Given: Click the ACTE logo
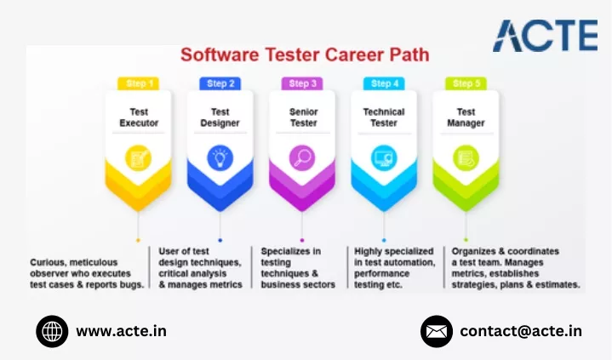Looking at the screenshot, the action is [546, 36].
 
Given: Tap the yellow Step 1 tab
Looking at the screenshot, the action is [139, 83].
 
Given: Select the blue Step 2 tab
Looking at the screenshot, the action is [220, 83].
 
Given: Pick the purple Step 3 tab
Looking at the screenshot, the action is [302, 83].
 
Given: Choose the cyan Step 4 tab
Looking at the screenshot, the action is [385, 83].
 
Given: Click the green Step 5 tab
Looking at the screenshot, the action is [466, 83].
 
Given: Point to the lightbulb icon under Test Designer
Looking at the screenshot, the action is [220, 158].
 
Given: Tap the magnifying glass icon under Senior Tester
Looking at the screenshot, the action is [302, 158].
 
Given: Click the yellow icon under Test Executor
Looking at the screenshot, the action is [138, 158].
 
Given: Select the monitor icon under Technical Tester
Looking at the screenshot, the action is [384, 158].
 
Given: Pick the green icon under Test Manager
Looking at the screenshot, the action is [466, 158].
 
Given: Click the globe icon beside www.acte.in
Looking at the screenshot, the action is [52, 332].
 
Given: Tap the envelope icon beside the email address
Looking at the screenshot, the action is [437, 332].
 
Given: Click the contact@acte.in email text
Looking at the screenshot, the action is [521, 331].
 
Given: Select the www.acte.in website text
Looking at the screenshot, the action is [122, 331].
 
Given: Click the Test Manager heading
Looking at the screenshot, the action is [466, 117].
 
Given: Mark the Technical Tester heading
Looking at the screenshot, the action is [384, 117].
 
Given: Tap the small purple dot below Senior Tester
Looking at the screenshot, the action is [302, 240].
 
